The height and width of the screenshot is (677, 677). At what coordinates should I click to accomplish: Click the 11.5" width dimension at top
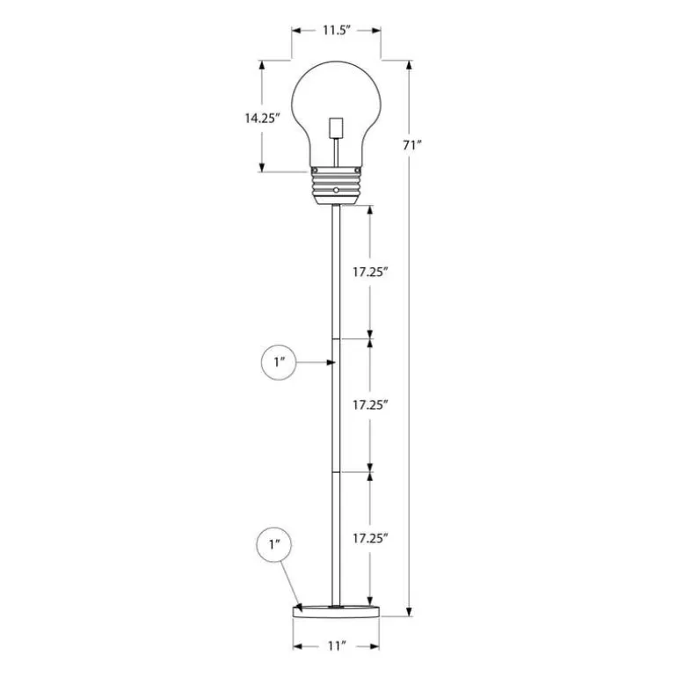point(336,30)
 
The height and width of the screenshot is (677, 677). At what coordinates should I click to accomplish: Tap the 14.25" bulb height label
point(263,118)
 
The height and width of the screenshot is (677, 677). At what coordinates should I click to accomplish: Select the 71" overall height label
point(411,145)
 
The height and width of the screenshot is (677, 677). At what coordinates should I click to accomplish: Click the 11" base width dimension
point(337,646)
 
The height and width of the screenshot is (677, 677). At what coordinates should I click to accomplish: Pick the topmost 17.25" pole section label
point(371,272)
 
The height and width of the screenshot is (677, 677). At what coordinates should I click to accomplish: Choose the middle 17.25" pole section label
point(371,405)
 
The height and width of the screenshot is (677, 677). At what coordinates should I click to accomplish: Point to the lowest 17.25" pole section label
point(371,538)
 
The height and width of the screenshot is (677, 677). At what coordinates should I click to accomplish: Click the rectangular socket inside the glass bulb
point(336,127)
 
